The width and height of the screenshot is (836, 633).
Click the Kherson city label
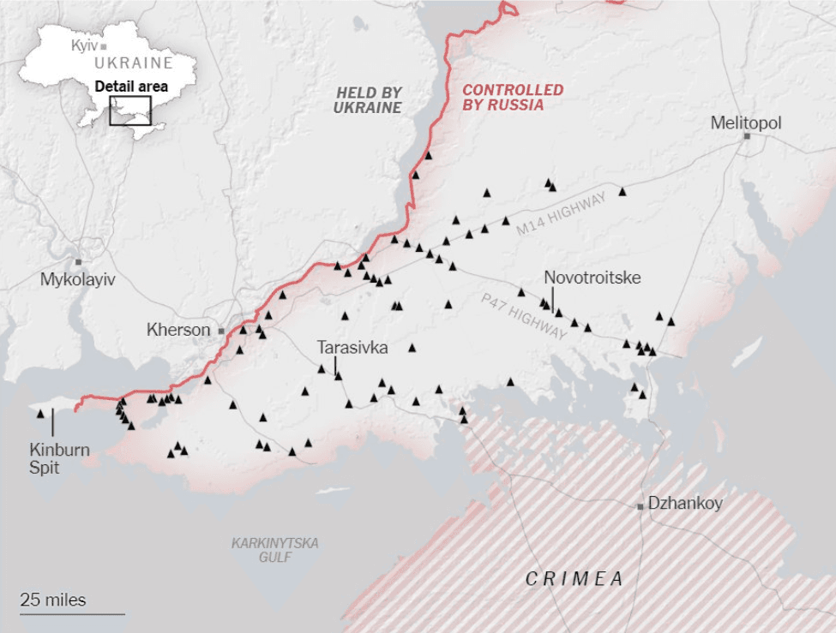(x=178, y=330)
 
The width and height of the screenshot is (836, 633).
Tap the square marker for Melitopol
(x=747, y=136)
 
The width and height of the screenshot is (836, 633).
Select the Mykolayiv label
(x=77, y=280)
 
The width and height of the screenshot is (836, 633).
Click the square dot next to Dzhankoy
(x=640, y=506)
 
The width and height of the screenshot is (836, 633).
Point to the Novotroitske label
(x=592, y=278)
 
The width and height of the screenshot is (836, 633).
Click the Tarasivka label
(x=352, y=348)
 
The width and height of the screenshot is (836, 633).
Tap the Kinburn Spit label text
(x=59, y=458)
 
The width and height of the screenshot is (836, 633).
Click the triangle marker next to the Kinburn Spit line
(x=40, y=414)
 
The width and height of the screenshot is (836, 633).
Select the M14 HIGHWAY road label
(x=561, y=214)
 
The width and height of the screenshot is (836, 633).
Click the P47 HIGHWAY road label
(x=524, y=316)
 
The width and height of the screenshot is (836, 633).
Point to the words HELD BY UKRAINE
(x=368, y=99)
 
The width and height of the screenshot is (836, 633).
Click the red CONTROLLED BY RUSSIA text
(x=513, y=98)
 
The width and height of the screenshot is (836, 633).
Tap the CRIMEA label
(x=574, y=579)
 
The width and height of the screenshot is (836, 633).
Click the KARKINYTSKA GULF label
(x=275, y=550)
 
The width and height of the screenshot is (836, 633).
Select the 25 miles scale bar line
(x=73, y=613)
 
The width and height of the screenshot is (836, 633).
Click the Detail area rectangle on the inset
(x=130, y=110)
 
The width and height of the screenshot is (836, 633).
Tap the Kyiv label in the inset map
(x=84, y=45)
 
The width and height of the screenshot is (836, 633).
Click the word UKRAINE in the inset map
(x=133, y=63)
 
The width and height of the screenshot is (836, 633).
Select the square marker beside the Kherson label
(x=220, y=330)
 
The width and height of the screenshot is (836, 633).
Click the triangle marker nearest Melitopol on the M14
(x=622, y=192)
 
